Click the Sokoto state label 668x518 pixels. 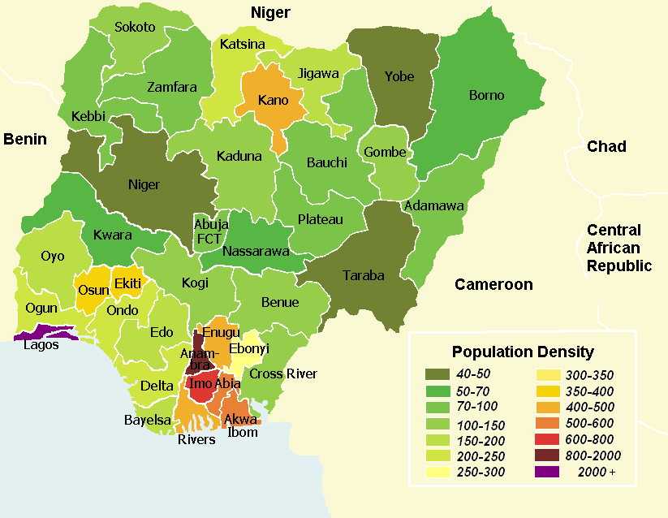pyautogui.click(x=135, y=27)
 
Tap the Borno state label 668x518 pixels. pyautogui.click(x=486, y=95)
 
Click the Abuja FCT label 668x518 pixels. pyautogui.click(x=209, y=231)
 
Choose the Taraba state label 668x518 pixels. pyautogui.click(x=363, y=275)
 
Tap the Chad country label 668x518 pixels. pyautogui.click(x=606, y=146)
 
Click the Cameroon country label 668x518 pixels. pyautogui.click(x=493, y=284)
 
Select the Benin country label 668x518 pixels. pyautogui.click(x=24, y=139)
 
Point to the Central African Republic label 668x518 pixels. pyautogui.click(x=619, y=248)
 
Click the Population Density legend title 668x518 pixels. pyautogui.click(x=523, y=352)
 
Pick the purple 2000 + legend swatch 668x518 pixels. pyautogui.click(x=549, y=471)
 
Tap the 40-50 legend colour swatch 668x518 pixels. pyautogui.click(x=439, y=374)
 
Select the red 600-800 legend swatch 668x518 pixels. pyautogui.click(x=549, y=438)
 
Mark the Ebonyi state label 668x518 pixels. pyautogui.click(x=249, y=348)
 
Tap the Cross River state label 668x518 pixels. pyautogui.click(x=283, y=373)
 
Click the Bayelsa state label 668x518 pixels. pyautogui.click(x=147, y=420)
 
